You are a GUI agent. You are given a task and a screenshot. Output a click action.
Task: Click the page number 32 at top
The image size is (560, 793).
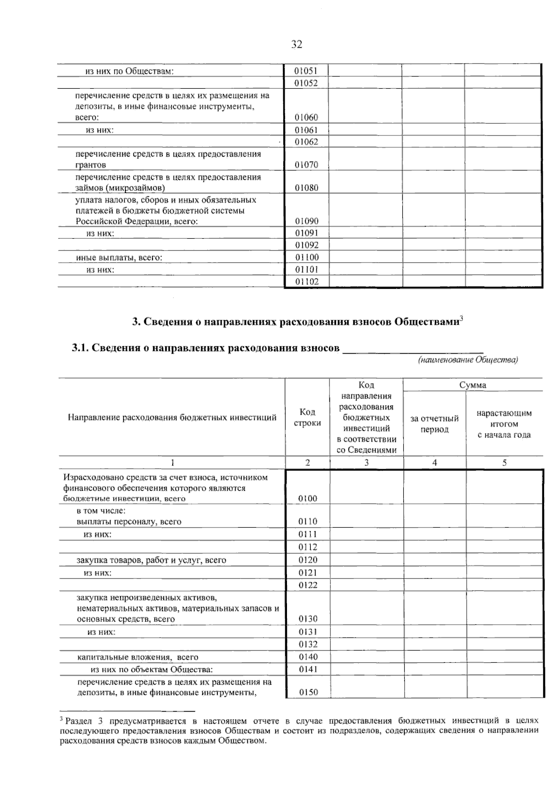pyautogui.click(x=297, y=45)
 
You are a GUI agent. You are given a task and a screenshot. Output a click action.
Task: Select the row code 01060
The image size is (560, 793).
pyautogui.click(x=306, y=118)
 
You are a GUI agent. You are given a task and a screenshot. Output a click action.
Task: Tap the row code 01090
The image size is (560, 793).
pyautogui.click(x=306, y=221)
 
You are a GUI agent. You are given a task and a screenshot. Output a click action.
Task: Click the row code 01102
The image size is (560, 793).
pyautogui.click(x=306, y=282)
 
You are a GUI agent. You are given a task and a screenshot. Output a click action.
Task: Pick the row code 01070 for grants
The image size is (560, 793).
pyautogui.click(x=306, y=165)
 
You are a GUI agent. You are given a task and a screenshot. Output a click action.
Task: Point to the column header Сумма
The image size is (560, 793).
pyautogui.click(x=472, y=385)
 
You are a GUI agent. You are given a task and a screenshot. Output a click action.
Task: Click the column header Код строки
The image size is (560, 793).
pyautogui.click(x=307, y=417)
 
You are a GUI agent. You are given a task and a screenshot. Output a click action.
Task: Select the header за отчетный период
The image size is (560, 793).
pyautogui.click(x=434, y=424)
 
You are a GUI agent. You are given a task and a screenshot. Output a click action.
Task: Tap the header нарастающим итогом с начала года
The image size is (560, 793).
pyautogui.click(x=504, y=424)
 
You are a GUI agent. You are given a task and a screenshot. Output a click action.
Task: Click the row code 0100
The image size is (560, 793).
pyautogui.click(x=308, y=499)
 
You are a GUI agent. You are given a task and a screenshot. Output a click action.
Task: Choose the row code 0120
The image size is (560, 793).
pyautogui.click(x=308, y=560)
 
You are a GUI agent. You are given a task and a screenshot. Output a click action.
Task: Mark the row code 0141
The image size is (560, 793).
pyautogui.click(x=308, y=669)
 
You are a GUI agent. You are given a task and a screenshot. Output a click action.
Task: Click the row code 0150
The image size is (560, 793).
pyautogui.click(x=308, y=693)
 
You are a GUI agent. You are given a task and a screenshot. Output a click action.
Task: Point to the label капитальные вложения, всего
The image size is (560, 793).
pyautogui.click(x=138, y=657)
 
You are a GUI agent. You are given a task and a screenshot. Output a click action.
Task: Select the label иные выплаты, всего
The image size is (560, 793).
pyautogui.click(x=119, y=257)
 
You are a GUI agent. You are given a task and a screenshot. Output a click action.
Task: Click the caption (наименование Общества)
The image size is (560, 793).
pyautogui.click(x=468, y=360)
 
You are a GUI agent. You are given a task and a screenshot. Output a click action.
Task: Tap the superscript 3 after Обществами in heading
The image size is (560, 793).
pyautogui.click(x=461, y=319)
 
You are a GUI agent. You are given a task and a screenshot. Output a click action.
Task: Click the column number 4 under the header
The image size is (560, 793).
pyautogui.click(x=434, y=463)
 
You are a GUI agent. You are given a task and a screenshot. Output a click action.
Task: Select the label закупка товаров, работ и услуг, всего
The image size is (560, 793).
pyautogui.click(x=151, y=560)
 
